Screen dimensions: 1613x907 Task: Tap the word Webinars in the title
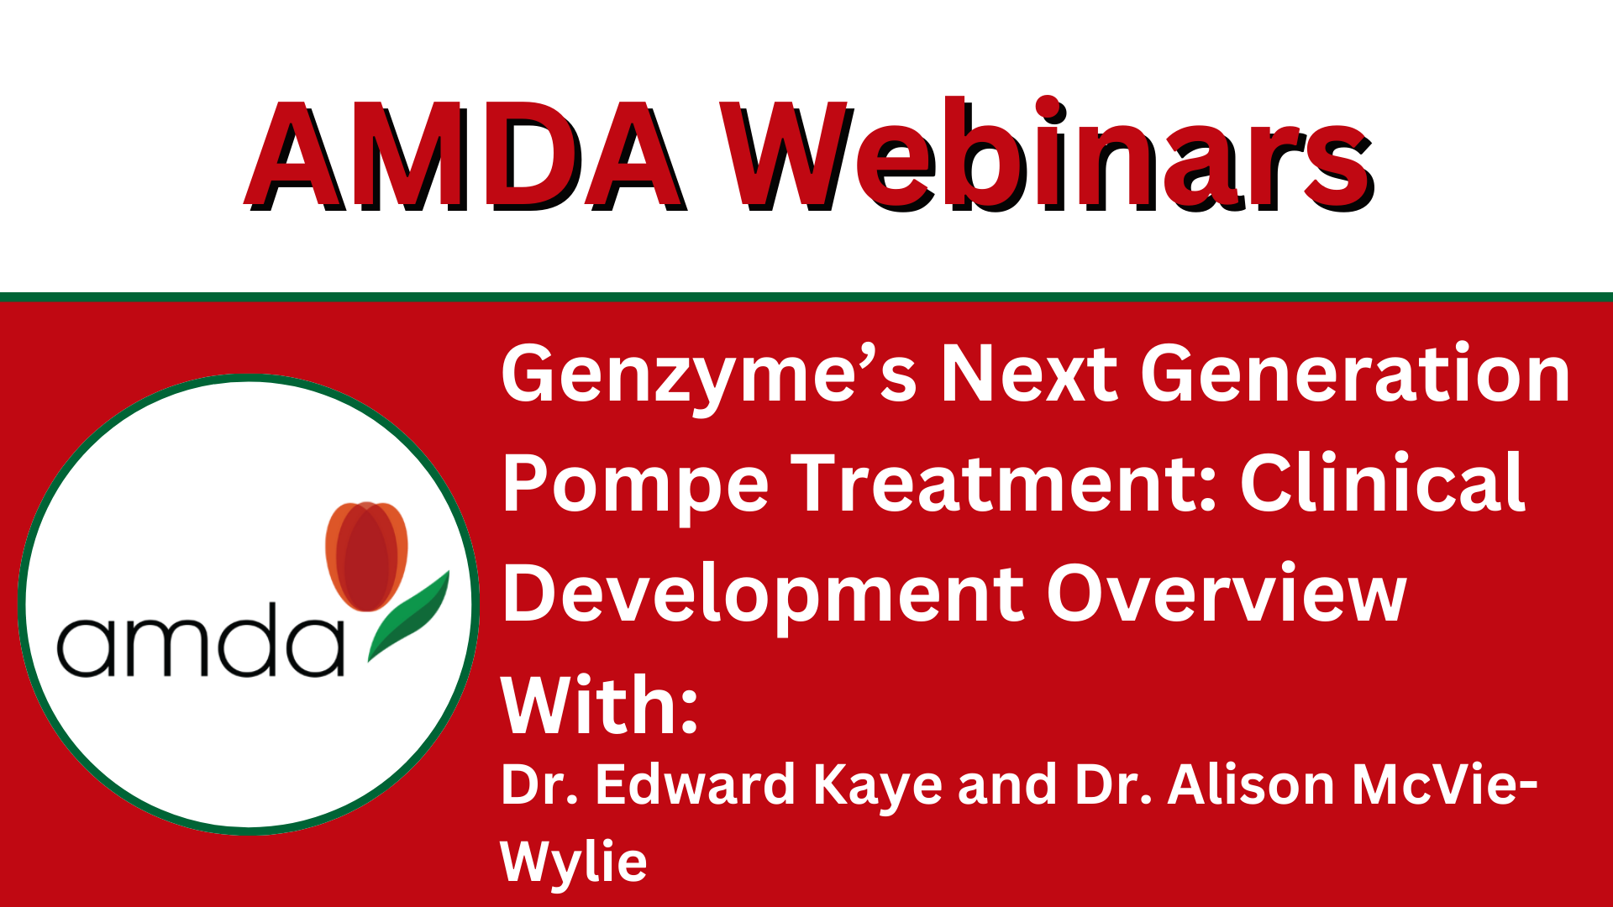click(x=1048, y=154)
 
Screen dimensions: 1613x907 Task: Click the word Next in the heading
click(x=1029, y=374)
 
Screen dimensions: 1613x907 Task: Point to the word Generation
click(x=1355, y=374)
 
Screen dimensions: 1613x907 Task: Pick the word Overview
click(x=1227, y=593)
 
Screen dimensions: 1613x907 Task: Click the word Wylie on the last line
click(x=574, y=862)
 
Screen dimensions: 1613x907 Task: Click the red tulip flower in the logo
click(x=366, y=555)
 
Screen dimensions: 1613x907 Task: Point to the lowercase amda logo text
click(x=200, y=639)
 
